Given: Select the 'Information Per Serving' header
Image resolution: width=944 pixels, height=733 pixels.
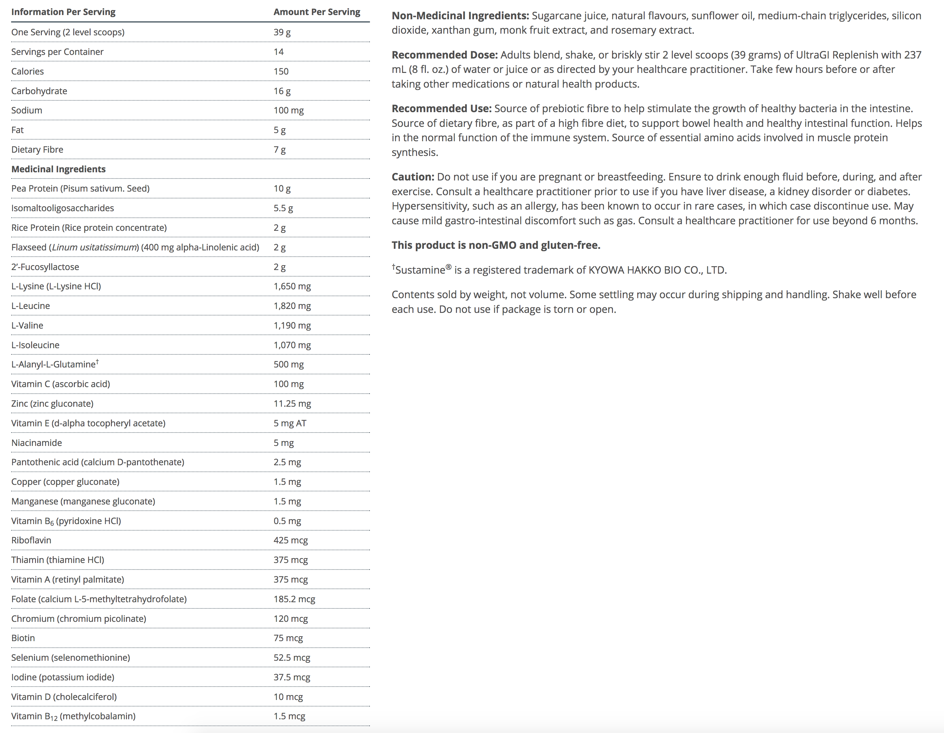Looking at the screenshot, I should point(63,12).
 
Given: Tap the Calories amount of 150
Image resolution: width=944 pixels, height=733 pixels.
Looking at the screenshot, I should point(281,71).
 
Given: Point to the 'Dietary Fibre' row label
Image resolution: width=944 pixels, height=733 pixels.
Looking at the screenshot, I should point(37,149).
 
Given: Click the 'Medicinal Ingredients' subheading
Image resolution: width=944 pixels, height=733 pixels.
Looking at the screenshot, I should point(58,169).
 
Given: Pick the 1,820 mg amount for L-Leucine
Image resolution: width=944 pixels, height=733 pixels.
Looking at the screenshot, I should point(292,306).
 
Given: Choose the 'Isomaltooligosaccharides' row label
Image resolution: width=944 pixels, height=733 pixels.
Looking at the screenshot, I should point(63,208).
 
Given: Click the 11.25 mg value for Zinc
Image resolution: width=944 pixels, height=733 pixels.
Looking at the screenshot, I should point(292,403).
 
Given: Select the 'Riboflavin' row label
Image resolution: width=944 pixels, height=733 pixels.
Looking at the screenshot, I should point(31,540).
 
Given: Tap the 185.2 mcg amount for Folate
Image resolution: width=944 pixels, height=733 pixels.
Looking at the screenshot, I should point(294,599).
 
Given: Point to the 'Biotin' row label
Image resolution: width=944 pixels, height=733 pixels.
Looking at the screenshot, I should point(23,638).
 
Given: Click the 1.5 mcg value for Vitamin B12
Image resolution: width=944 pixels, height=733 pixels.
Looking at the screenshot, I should point(289,716).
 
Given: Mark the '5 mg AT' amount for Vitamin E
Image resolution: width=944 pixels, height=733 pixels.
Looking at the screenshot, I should point(289,423).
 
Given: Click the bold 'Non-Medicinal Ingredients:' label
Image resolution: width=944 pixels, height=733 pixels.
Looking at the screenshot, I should point(460,16).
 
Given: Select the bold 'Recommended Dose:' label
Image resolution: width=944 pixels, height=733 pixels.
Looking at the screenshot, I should point(444,55).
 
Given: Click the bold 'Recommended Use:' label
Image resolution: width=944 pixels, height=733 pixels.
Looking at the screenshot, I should point(441,109).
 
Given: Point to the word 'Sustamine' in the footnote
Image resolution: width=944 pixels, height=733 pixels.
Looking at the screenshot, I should point(420,270).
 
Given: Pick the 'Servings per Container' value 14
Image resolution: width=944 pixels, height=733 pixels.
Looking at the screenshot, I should point(278,52).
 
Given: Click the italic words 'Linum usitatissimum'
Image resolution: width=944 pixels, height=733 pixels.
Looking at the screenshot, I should point(95,247).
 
